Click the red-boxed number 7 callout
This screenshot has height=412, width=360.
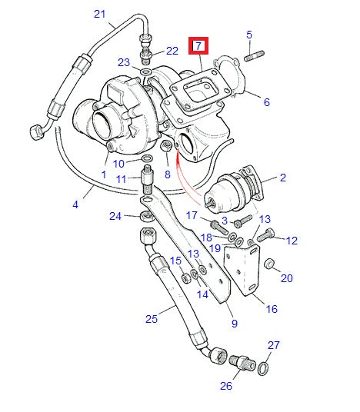click(x=199, y=46)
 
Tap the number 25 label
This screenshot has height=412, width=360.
click(x=151, y=317)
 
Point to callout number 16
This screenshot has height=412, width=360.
click(x=271, y=309)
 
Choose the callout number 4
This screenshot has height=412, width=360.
click(x=75, y=204)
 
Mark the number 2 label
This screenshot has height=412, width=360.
click(x=282, y=178)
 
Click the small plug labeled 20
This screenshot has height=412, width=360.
click(x=270, y=264)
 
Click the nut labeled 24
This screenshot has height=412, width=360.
click(x=144, y=216)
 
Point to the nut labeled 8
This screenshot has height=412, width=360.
click(x=165, y=147)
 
